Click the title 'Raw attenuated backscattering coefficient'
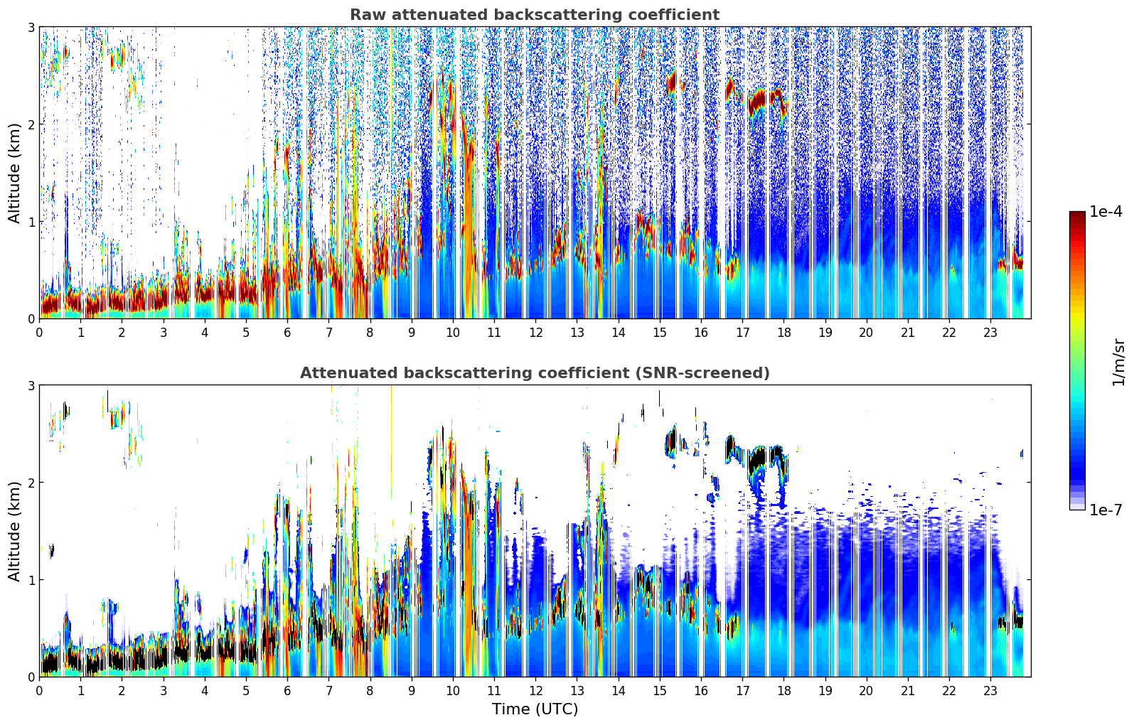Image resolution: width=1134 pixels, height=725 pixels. [x=534, y=15]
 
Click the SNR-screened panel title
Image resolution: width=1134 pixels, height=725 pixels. [x=534, y=373]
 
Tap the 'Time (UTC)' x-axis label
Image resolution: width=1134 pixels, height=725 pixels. [x=535, y=709]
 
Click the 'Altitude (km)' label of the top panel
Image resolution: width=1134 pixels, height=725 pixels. [x=15, y=173]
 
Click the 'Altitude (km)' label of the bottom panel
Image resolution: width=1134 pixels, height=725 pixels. [x=15, y=531]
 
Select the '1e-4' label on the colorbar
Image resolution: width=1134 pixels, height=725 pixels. [x=1106, y=212]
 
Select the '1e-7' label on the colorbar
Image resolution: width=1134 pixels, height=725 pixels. [x=1106, y=510]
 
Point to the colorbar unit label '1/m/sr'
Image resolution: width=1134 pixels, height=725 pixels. [x=1118, y=362]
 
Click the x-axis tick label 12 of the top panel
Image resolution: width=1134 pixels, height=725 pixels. [x=535, y=333]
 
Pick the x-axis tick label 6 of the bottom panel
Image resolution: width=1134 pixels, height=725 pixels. [x=287, y=691]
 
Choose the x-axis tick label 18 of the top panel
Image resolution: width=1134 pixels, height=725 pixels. [x=783, y=333]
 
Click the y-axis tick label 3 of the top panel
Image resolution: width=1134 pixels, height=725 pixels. [x=31, y=28]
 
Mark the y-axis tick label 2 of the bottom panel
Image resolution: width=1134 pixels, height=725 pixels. [x=31, y=483]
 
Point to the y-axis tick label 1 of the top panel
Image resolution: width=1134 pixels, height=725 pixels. [x=31, y=222]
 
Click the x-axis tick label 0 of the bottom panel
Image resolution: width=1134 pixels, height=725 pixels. [x=39, y=691]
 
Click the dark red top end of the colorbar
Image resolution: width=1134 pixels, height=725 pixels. [x=1077, y=215]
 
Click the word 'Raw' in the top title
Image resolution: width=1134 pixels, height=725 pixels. [x=365, y=15]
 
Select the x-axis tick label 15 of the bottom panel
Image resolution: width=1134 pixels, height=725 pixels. [x=660, y=691]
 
